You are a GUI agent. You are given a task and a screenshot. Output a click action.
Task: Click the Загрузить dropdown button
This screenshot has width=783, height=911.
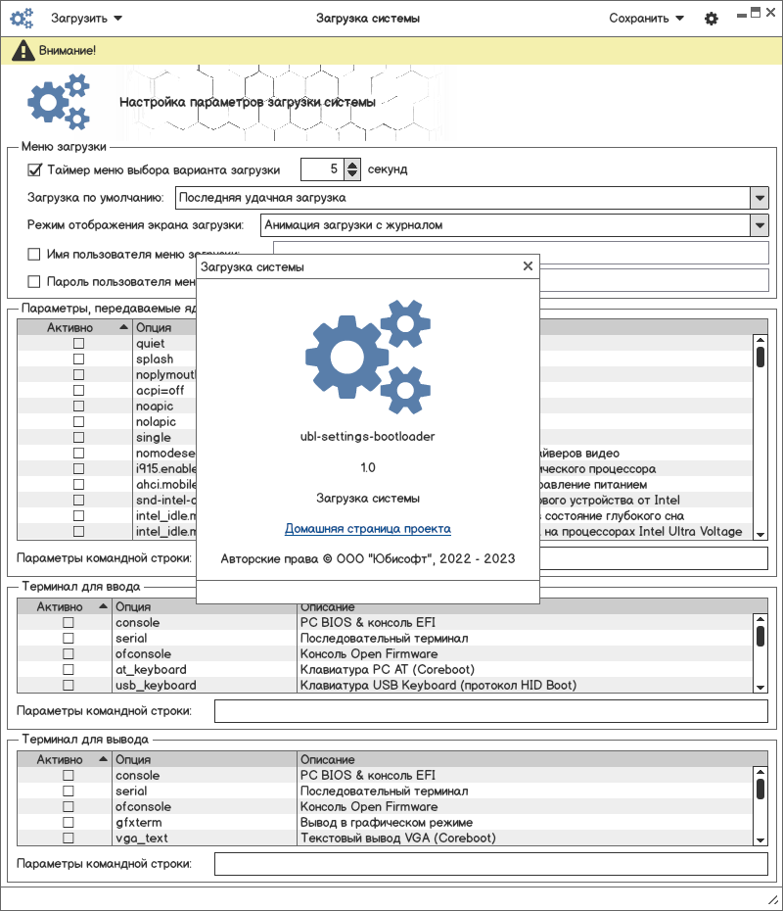coord(86,18)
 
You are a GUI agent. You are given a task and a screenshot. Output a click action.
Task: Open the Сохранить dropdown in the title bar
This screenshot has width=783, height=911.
coord(646,18)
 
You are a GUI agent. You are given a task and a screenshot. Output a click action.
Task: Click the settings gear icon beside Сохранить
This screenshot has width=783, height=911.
coord(712,19)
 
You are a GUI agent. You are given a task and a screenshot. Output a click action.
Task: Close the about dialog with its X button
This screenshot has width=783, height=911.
coord(528,265)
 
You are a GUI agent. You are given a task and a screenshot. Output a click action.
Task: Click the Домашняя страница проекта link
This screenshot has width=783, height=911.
coord(368,529)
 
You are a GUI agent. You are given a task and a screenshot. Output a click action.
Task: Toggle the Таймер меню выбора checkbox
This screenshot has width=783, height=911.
coord(34,169)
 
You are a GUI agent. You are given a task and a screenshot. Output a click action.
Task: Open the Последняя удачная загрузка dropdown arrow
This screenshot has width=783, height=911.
coord(760,198)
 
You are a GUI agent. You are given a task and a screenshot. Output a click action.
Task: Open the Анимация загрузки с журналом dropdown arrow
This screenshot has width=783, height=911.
coord(760,225)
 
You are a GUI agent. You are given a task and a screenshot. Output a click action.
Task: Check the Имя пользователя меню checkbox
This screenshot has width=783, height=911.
coord(34,254)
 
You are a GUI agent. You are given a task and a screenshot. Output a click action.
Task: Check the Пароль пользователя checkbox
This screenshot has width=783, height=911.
coord(34,282)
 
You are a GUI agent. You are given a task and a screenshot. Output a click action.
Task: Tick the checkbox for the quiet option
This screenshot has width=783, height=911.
coord(78,344)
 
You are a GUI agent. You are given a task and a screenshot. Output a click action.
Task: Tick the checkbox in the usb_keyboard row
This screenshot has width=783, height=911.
coord(69,686)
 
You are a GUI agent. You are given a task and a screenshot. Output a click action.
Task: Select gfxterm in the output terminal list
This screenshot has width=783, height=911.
coord(132,823)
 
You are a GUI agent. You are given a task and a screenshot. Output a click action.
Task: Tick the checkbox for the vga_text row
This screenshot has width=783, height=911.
coord(69,839)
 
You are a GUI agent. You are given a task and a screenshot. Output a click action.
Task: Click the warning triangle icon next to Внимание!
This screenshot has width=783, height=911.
coord(20,50)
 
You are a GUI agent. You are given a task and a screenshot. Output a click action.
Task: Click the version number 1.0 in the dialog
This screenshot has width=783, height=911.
coord(368,467)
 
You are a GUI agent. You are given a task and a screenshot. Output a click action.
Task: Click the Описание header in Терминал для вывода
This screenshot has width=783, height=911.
coord(327,759)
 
